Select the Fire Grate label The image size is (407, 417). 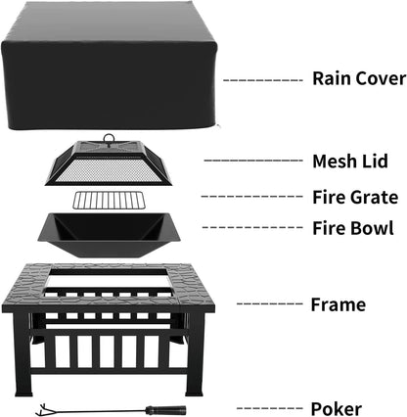click(x=353, y=196)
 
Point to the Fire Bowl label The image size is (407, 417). click(x=353, y=228)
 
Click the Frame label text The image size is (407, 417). click(x=338, y=305)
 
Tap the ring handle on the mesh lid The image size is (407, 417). click(x=109, y=139)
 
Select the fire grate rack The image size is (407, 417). click(x=108, y=201)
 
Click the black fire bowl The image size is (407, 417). click(x=108, y=233)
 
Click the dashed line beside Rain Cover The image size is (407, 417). click(x=262, y=78)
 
